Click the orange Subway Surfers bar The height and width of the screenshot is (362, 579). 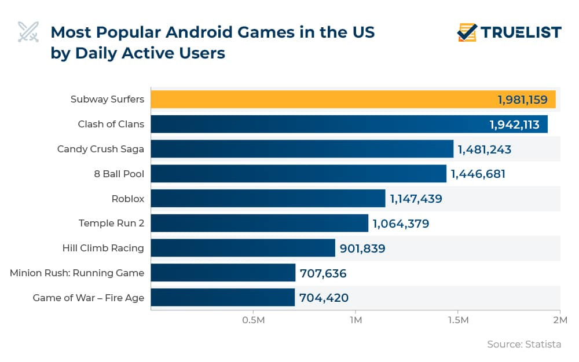(x=353, y=100)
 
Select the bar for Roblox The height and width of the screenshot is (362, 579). (x=267, y=199)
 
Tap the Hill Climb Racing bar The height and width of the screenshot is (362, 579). (x=243, y=248)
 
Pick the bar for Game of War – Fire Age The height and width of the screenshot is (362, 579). (x=223, y=298)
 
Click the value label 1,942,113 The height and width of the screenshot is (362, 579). (x=514, y=125)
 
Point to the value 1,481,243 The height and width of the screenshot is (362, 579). (x=485, y=149)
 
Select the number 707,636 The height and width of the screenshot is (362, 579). (x=323, y=273)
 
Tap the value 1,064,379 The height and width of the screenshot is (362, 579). (x=401, y=224)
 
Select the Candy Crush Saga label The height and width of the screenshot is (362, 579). (x=101, y=149)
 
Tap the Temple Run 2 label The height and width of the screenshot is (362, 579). (x=111, y=223)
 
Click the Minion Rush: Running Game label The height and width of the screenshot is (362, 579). (x=77, y=273)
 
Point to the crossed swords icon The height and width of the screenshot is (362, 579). (x=28, y=32)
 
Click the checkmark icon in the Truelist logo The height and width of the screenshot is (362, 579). (x=467, y=32)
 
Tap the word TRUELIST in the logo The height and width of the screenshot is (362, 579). (x=521, y=32)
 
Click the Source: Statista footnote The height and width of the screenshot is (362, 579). (x=524, y=345)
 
